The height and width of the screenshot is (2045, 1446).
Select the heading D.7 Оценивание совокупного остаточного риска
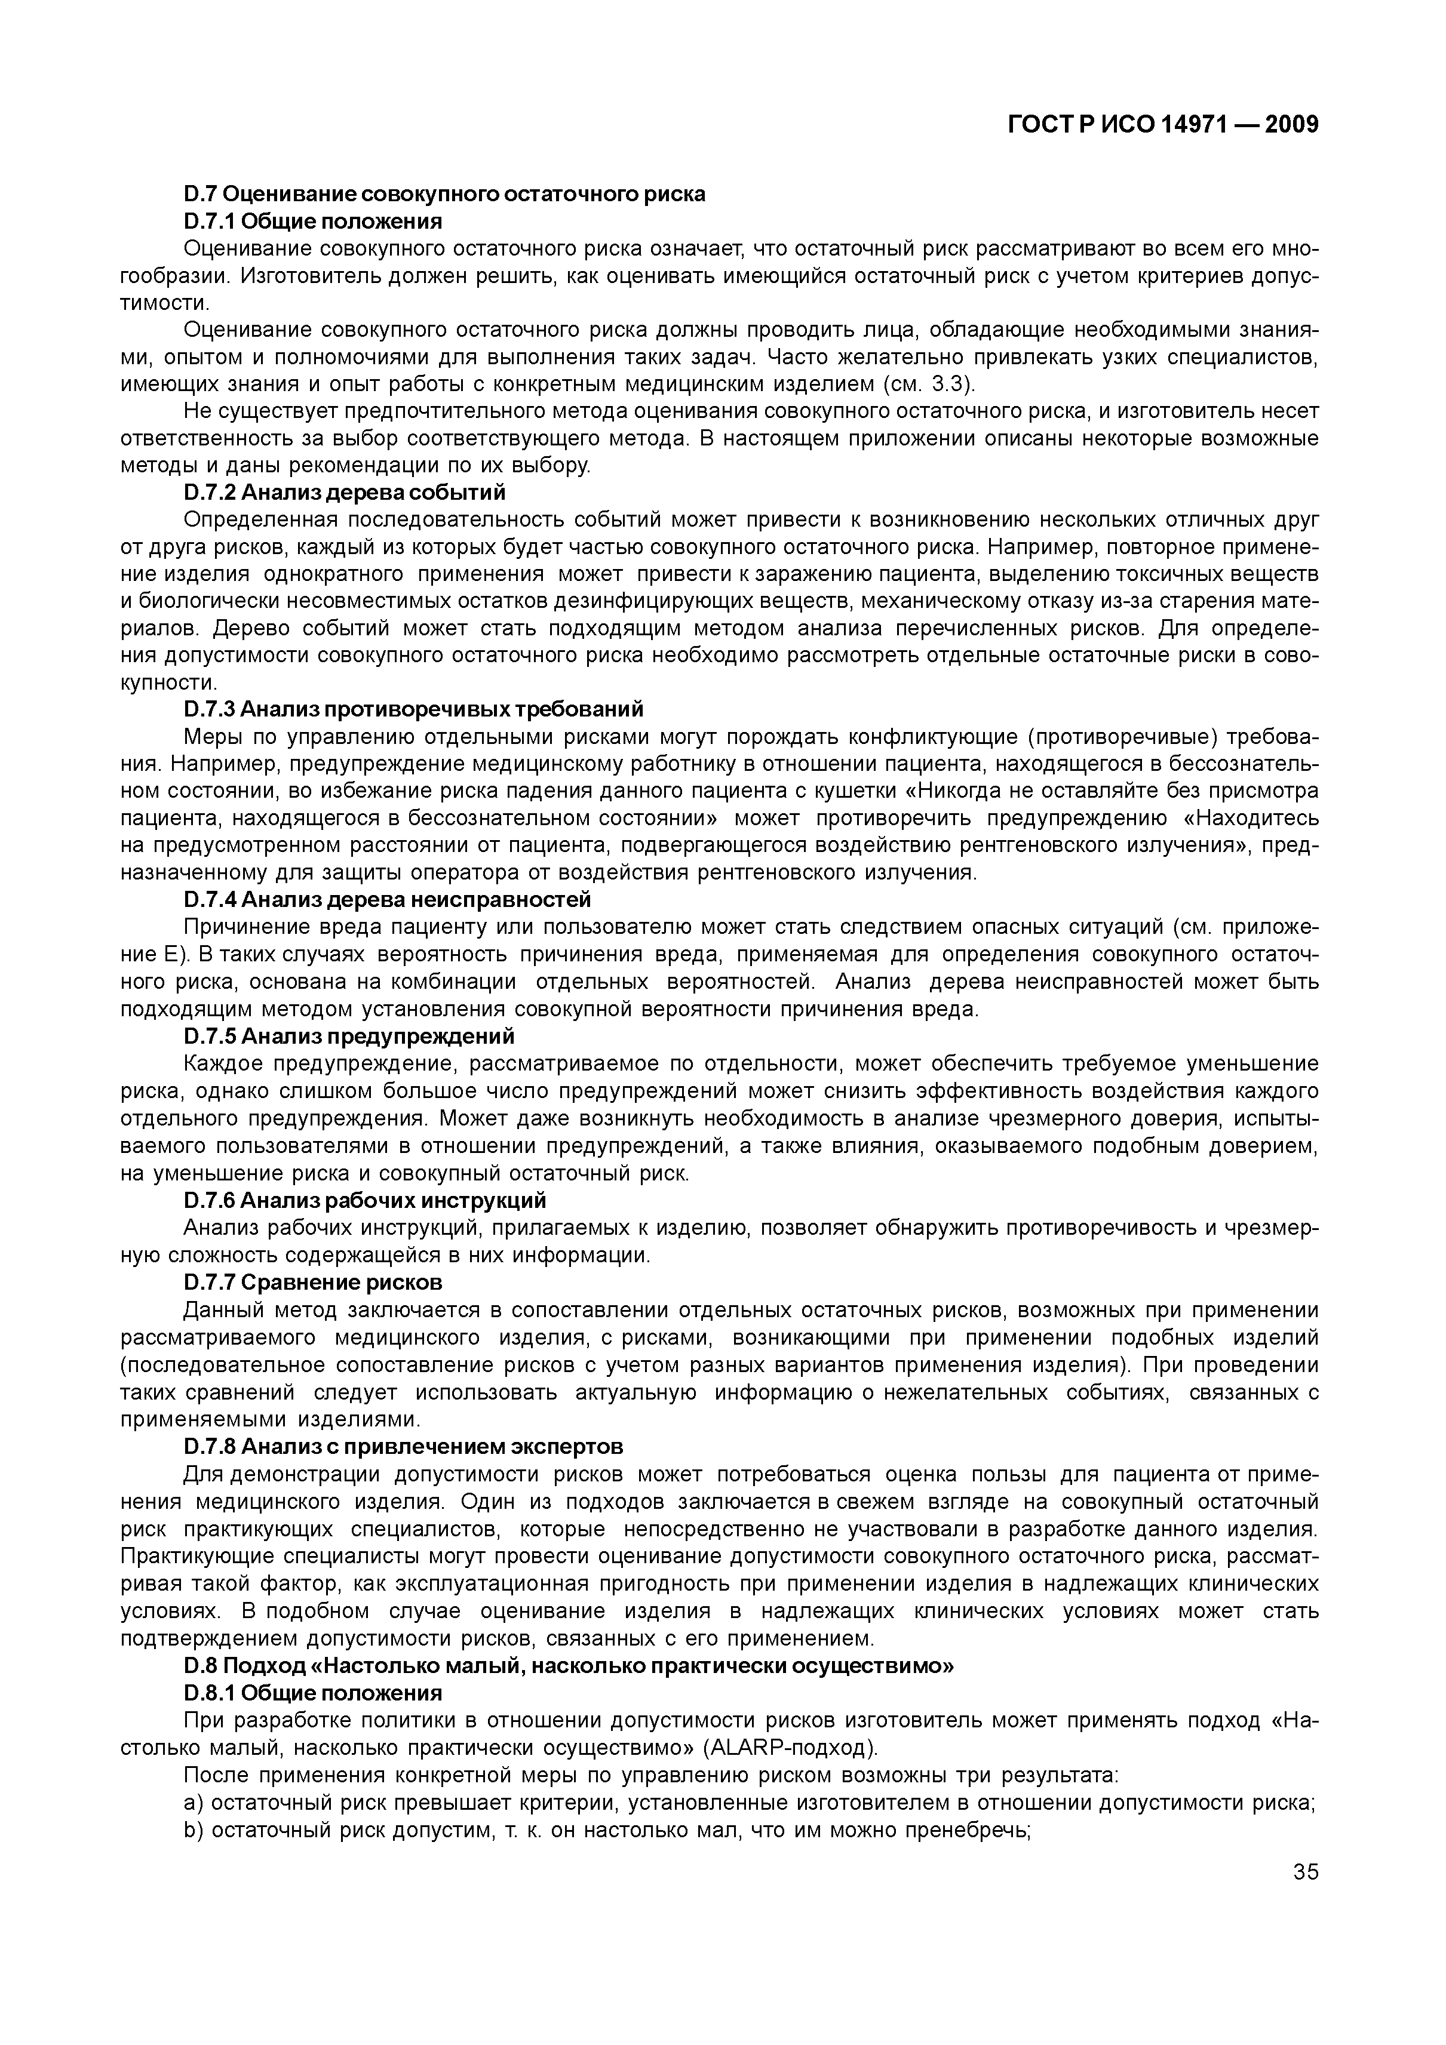[x=444, y=193]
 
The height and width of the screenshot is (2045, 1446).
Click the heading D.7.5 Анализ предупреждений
[x=349, y=1036]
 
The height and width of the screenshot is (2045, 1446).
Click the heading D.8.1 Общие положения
[x=313, y=1692]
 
